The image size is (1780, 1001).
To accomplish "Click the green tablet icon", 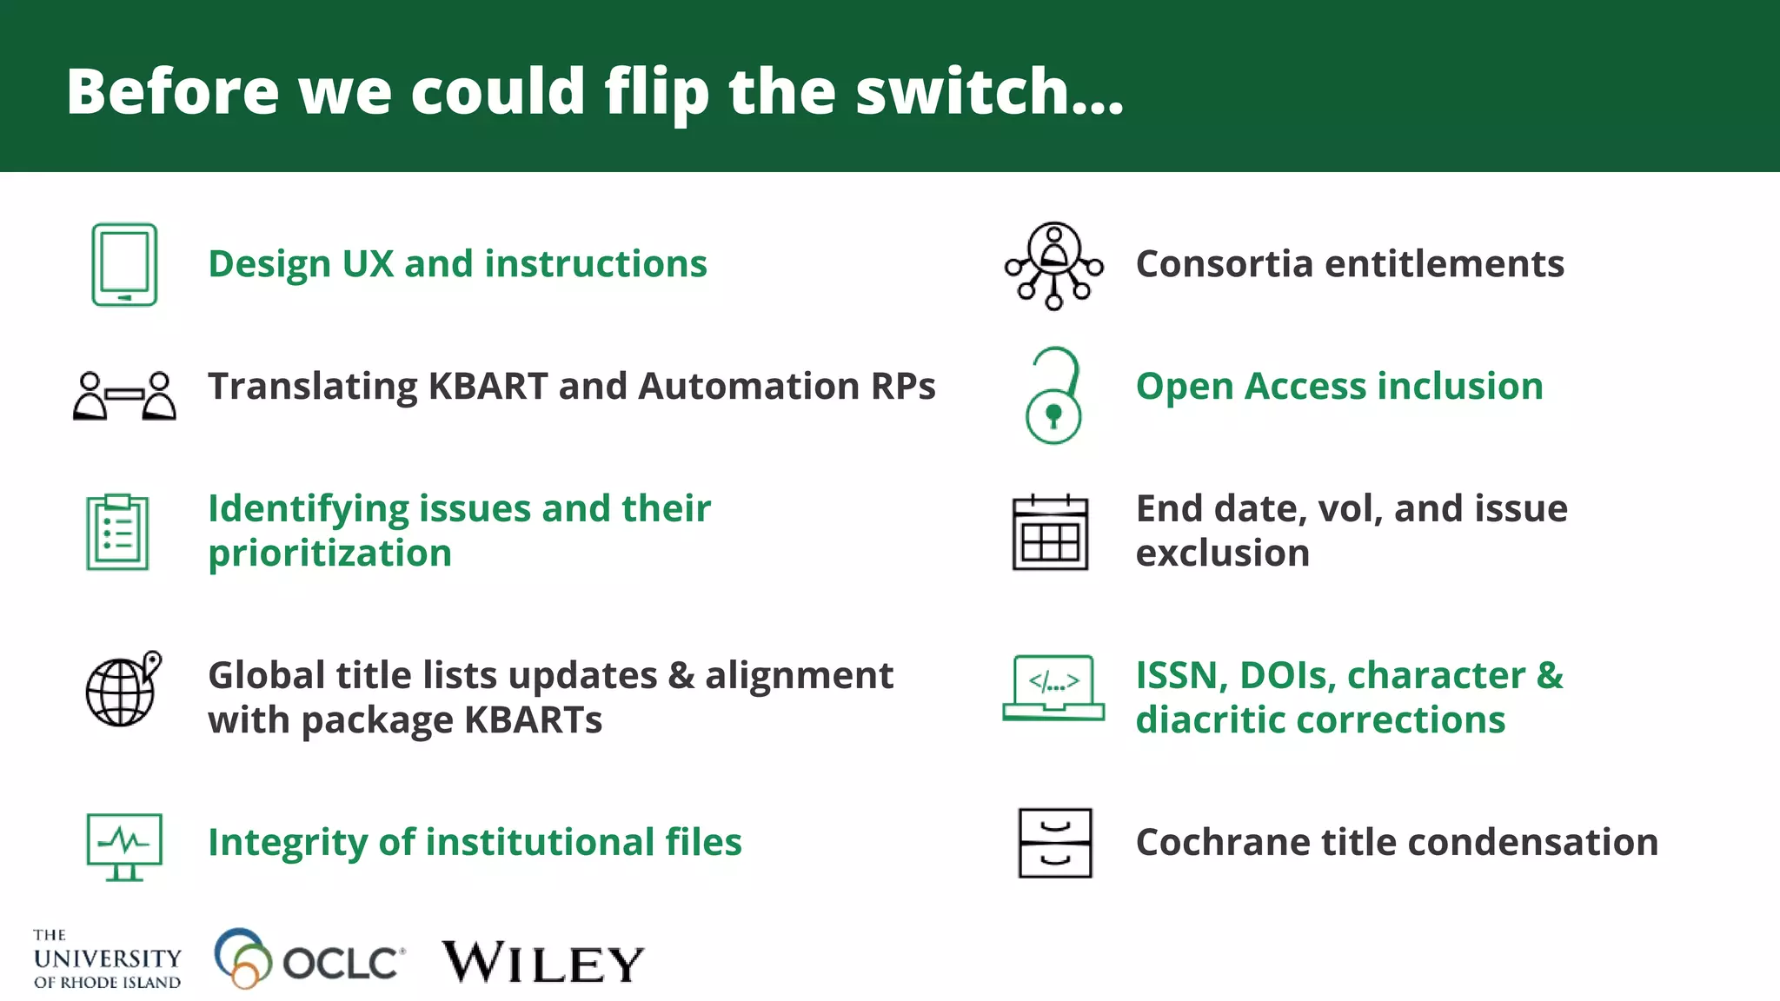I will [x=124, y=265].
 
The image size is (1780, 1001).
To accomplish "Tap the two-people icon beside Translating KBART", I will [x=124, y=396].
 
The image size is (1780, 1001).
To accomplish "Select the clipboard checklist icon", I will [x=117, y=532].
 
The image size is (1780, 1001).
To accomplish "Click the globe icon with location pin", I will [x=123, y=689].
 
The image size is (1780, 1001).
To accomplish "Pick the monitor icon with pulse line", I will [x=124, y=846].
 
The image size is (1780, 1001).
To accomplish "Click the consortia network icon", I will [x=1053, y=266].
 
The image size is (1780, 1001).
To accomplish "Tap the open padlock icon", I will [x=1053, y=396].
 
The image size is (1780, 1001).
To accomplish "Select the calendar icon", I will [x=1050, y=533].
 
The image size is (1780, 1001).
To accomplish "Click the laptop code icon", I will [x=1053, y=687].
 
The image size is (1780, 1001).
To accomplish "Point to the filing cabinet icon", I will [x=1054, y=843].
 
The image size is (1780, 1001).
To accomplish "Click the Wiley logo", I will [x=543, y=962].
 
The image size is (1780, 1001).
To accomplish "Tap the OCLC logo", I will [x=309, y=959].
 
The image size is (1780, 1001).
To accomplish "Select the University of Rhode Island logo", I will [x=107, y=959].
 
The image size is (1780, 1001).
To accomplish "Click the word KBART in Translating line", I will [x=488, y=387].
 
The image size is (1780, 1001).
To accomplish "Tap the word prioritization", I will [x=330, y=554].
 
